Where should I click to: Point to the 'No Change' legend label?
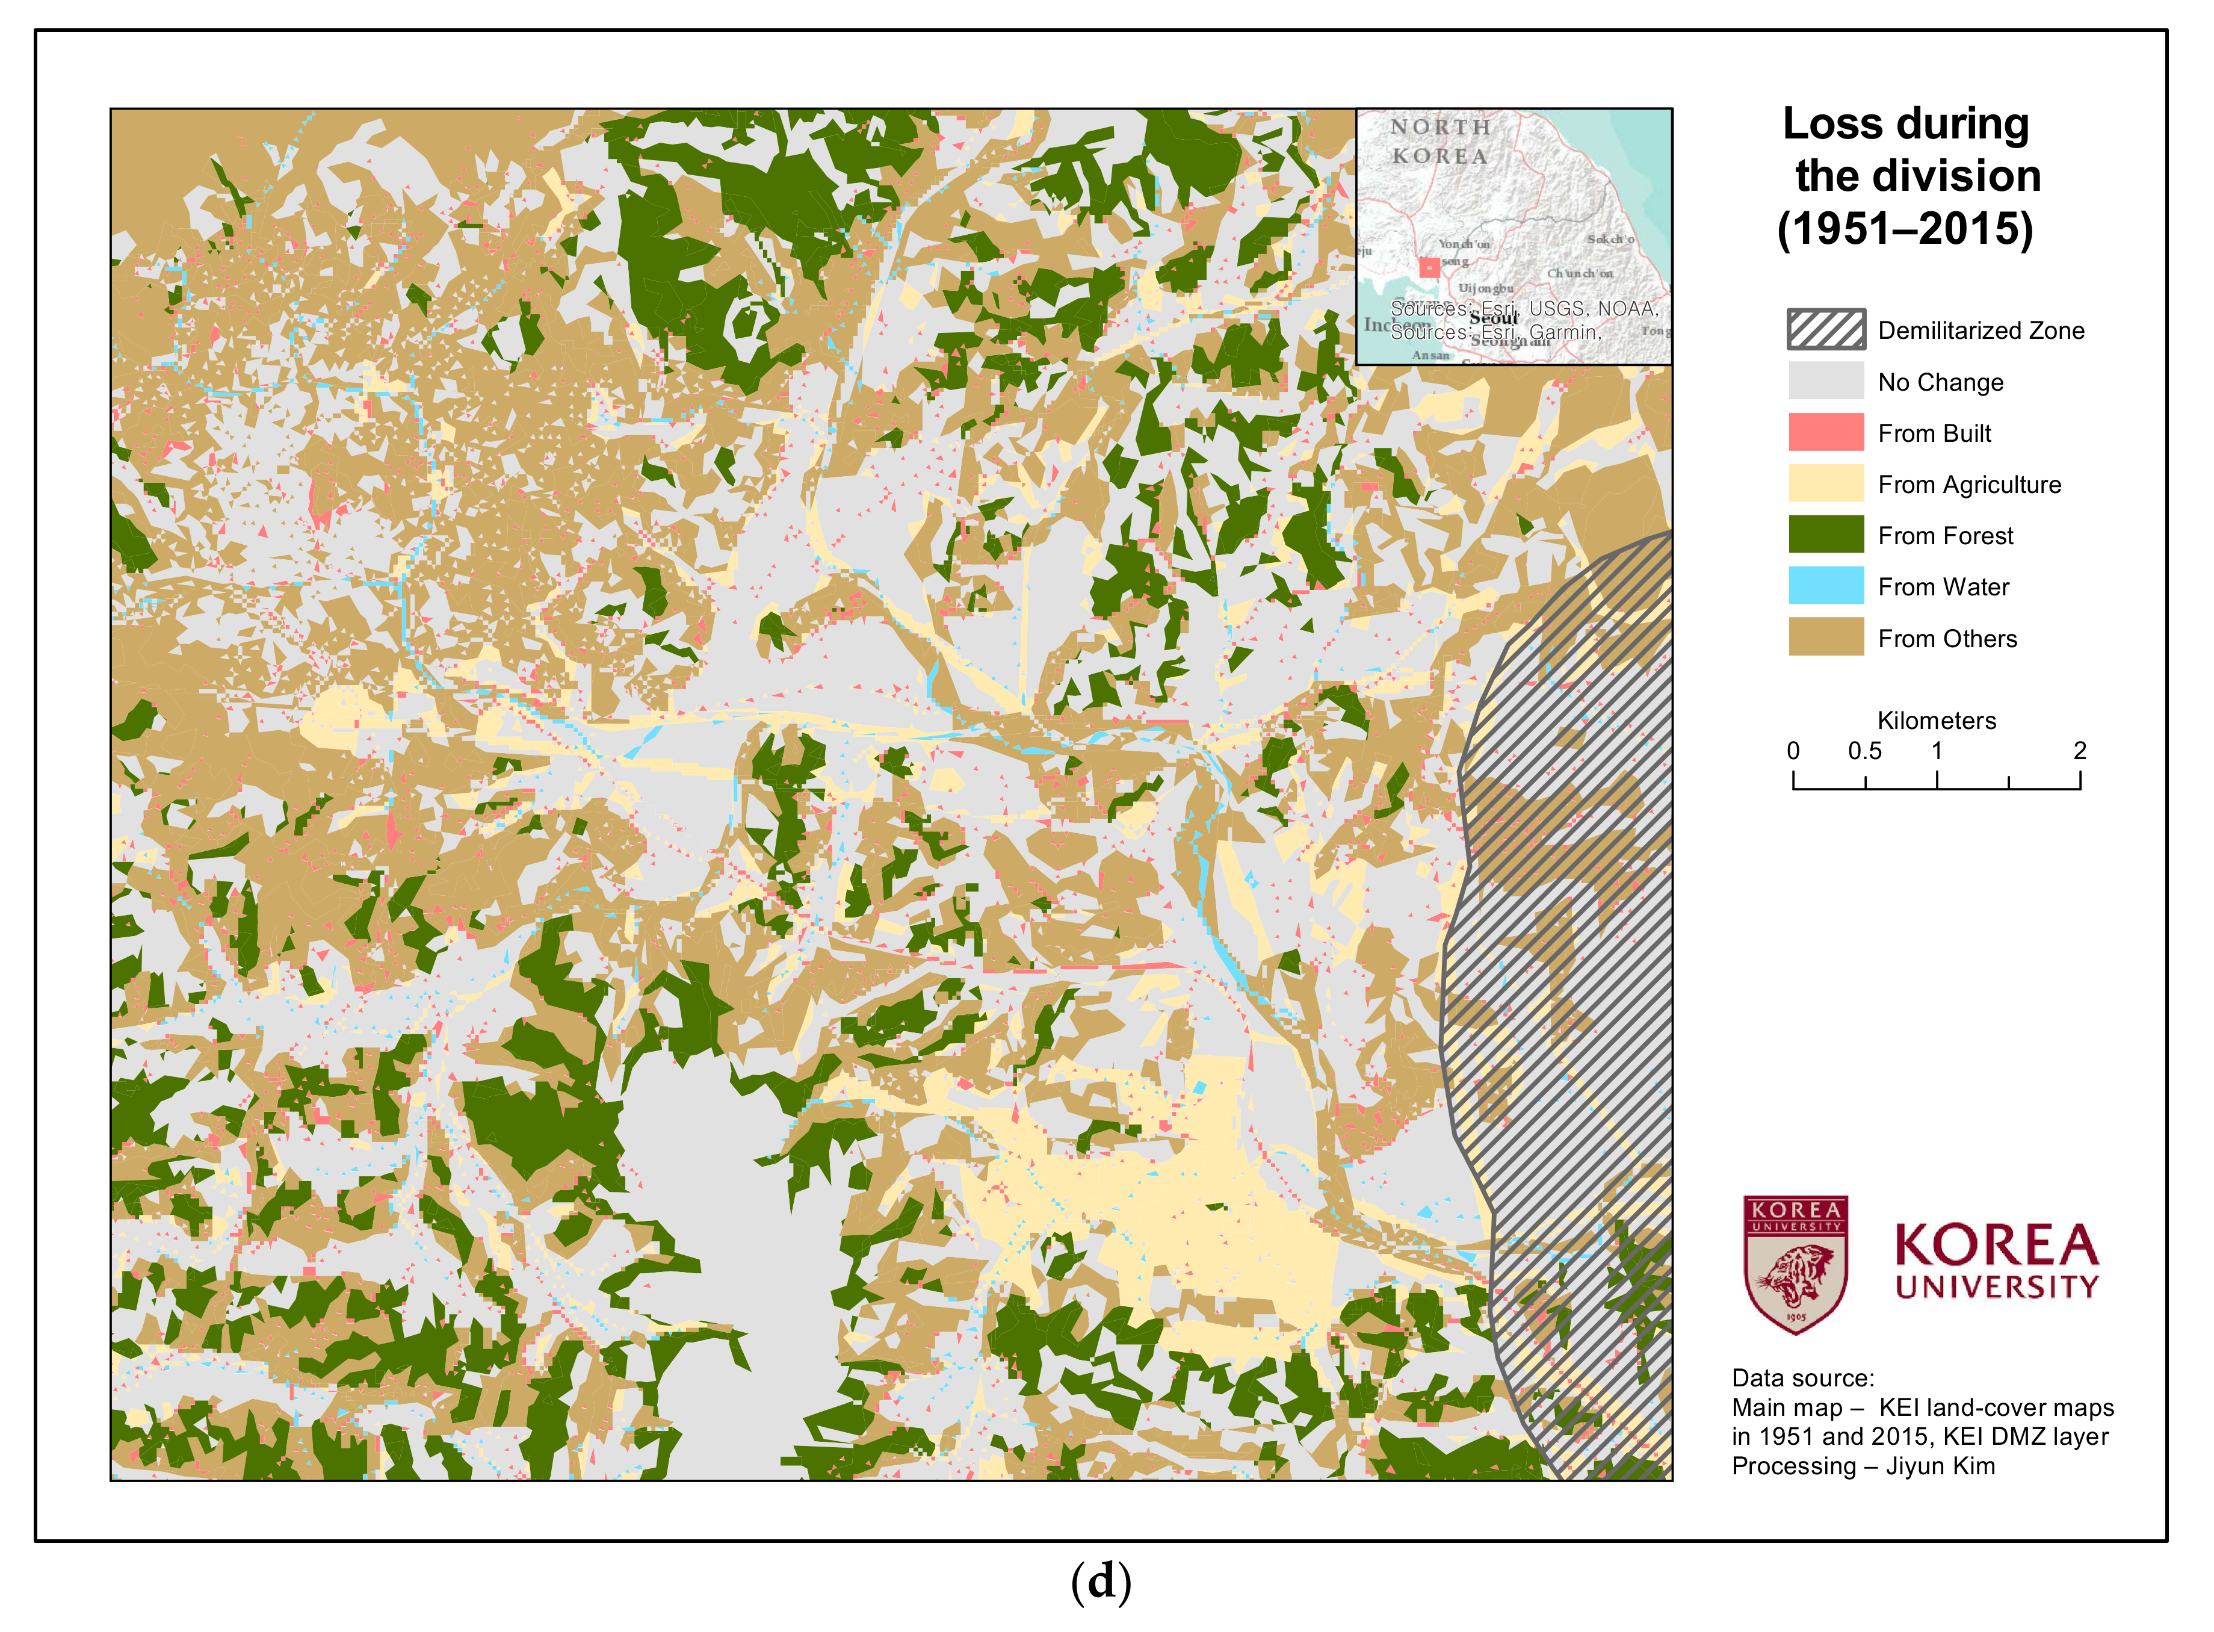click(x=1940, y=382)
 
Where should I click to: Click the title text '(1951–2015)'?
click(x=1904, y=229)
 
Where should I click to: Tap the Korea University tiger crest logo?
click(x=1795, y=1265)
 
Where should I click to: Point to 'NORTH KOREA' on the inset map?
click(x=1439, y=141)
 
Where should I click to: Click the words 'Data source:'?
click(x=1802, y=1378)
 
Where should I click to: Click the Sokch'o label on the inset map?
click(x=1610, y=239)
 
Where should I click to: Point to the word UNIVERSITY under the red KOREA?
click(x=1995, y=1287)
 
